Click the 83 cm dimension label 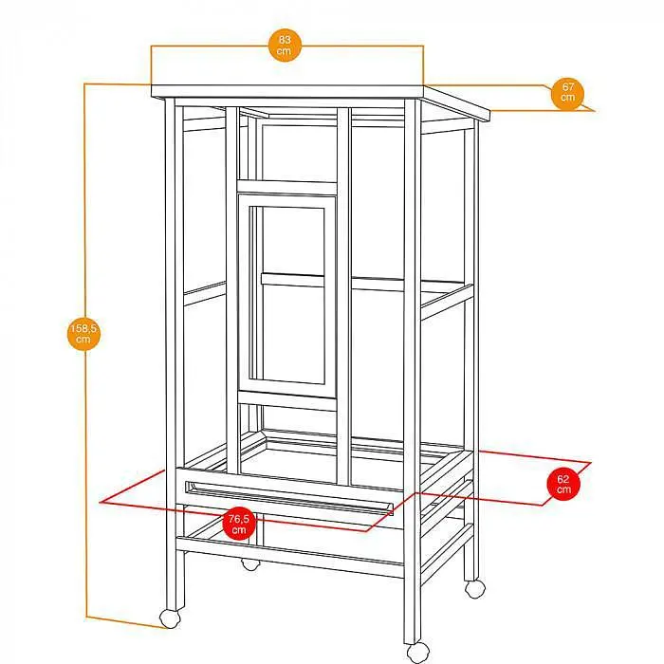[x=285, y=46]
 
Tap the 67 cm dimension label [x=567, y=92]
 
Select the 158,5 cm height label [x=83, y=334]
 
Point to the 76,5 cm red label [x=239, y=524]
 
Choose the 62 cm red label [x=563, y=484]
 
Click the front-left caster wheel [x=170, y=618]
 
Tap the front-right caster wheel [x=417, y=653]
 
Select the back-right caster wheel [x=475, y=589]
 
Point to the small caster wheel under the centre [x=250, y=564]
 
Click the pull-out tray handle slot [x=289, y=497]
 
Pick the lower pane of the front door [x=292, y=334]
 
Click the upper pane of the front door [x=292, y=241]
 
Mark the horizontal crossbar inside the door [x=292, y=280]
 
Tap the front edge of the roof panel [x=287, y=91]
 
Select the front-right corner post [x=412, y=372]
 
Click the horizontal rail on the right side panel [x=447, y=301]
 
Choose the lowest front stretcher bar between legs [x=289, y=558]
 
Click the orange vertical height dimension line [x=85, y=351]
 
